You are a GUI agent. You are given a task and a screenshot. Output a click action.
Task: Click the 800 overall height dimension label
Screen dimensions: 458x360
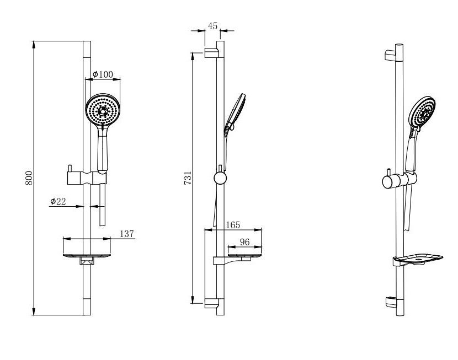pyautogui.click(x=29, y=178)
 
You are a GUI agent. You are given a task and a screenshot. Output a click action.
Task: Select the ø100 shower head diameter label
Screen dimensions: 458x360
pyautogui.click(x=103, y=74)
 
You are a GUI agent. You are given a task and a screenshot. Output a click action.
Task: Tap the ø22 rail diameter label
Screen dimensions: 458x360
pyautogui.click(x=58, y=201)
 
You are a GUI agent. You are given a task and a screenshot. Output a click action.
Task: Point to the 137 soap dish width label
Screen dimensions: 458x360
pyautogui.click(x=127, y=234)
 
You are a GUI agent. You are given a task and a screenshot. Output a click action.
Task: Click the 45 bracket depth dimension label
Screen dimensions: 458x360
pyautogui.click(x=212, y=26)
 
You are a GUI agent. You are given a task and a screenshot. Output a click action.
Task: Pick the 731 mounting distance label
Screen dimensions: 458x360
pyautogui.click(x=188, y=178)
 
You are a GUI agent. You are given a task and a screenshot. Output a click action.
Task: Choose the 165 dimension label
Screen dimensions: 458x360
pyautogui.click(x=233, y=225)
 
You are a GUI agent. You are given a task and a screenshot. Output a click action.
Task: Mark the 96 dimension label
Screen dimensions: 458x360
pyautogui.click(x=245, y=242)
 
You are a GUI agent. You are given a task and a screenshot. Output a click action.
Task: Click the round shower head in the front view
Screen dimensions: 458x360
pyautogui.click(x=103, y=110)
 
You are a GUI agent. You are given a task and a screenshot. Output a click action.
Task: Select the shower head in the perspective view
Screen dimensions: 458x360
pyautogui.click(x=422, y=112)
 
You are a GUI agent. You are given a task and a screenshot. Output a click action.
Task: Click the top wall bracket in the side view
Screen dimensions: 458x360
pyautogui.click(x=211, y=53)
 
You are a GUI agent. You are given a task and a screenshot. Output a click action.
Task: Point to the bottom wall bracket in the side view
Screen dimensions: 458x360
pyautogui.click(x=211, y=303)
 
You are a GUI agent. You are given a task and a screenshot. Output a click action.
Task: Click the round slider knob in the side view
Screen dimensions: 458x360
pyautogui.click(x=220, y=178)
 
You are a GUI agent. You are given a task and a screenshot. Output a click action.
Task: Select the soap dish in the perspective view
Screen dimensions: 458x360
pyautogui.click(x=418, y=259)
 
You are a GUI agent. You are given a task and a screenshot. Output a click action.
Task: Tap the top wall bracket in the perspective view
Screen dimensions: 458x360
pyautogui.click(x=391, y=56)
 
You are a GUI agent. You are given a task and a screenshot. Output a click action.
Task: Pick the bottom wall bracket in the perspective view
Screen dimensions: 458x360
pyautogui.click(x=391, y=302)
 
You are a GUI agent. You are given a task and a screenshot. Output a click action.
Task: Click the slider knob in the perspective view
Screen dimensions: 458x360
pyautogui.click(x=388, y=181)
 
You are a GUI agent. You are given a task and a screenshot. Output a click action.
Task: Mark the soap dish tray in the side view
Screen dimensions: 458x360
pyautogui.click(x=245, y=256)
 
